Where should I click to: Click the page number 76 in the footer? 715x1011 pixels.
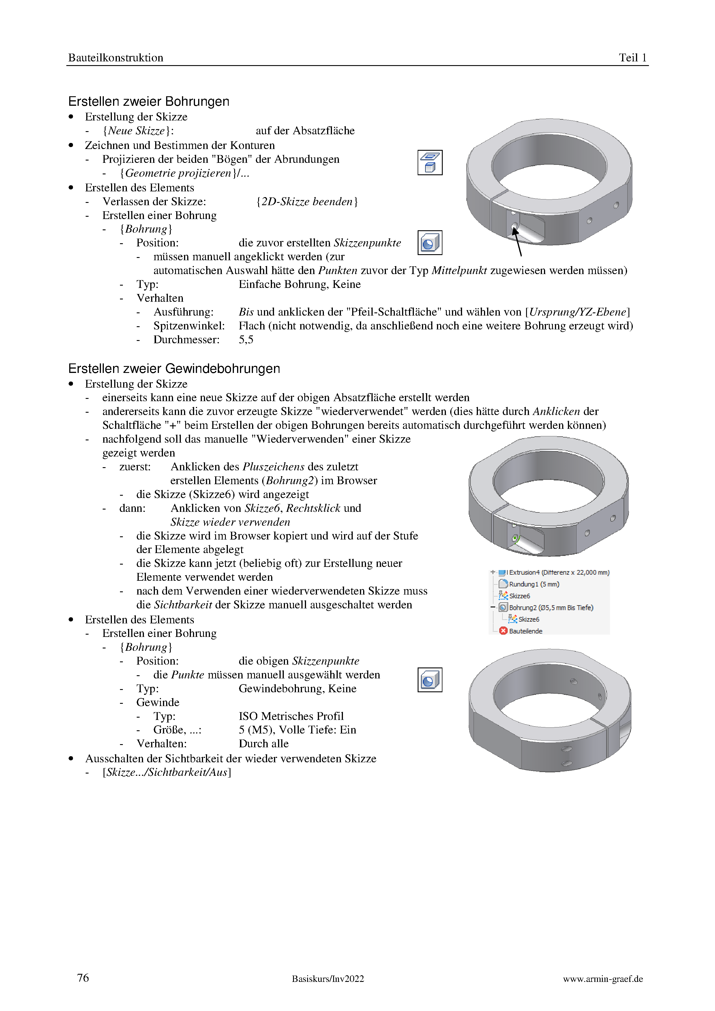pyautogui.click(x=83, y=978)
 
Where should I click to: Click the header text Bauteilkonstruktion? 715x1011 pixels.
pyautogui.click(x=115, y=58)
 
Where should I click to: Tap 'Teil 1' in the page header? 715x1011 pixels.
pyautogui.click(x=632, y=58)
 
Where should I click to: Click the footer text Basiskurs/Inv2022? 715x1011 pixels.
pyautogui.click(x=328, y=978)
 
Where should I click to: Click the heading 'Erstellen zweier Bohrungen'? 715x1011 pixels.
pyautogui.click(x=149, y=101)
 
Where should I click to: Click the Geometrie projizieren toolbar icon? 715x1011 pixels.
pyautogui.click(x=429, y=163)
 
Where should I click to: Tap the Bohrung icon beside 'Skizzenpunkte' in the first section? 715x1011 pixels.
pyautogui.click(x=429, y=243)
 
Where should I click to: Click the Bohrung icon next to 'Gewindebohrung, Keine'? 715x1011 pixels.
pyautogui.click(x=429, y=680)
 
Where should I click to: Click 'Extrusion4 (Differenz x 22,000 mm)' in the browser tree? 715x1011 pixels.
pyautogui.click(x=559, y=572)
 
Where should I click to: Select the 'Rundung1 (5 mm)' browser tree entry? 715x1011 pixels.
pyautogui.click(x=534, y=584)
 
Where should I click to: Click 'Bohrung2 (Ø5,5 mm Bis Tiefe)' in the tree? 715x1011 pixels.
pyautogui.click(x=551, y=608)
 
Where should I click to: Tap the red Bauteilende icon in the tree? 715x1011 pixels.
pyautogui.click(x=504, y=631)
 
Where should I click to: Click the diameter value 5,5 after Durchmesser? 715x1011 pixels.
pyautogui.click(x=246, y=339)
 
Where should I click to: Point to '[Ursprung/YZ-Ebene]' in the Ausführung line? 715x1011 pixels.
pyautogui.click(x=577, y=312)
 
